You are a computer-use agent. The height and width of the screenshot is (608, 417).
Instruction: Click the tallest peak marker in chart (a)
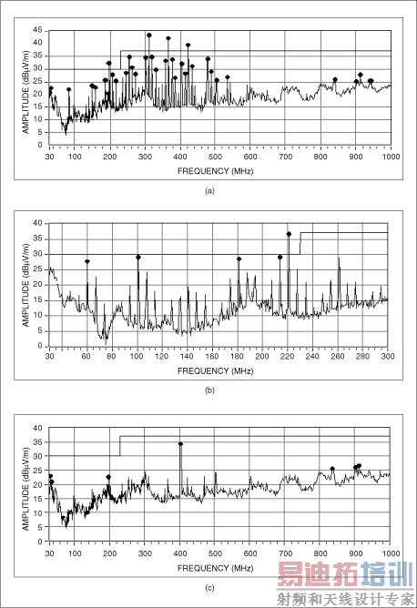[149, 35]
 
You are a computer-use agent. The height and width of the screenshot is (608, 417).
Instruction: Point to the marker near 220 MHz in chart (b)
[289, 234]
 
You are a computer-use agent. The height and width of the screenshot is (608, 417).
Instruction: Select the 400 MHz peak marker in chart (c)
[180, 444]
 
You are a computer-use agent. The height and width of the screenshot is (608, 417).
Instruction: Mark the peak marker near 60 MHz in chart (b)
[87, 261]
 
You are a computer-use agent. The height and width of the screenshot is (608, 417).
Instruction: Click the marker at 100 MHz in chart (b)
[138, 257]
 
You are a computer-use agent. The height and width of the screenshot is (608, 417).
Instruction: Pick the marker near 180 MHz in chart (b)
[239, 258]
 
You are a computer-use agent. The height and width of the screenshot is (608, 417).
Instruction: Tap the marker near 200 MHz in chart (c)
[108, 477]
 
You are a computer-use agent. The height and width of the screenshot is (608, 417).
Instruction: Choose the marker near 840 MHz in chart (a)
[335, 79]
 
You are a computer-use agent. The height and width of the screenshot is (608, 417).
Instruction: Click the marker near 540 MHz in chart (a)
[228, 77]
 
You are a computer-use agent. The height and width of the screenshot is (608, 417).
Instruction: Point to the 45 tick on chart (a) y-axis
[38, 30]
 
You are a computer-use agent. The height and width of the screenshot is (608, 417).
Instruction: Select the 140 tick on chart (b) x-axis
[185, 357]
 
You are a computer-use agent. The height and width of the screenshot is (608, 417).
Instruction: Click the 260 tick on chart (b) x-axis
[337, 357]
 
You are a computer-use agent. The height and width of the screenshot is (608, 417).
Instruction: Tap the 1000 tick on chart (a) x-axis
[390, 157]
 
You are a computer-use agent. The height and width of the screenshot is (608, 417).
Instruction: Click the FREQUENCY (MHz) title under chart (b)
[217, 371]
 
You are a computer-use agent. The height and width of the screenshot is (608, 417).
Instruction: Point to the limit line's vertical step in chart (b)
[300, 243]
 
